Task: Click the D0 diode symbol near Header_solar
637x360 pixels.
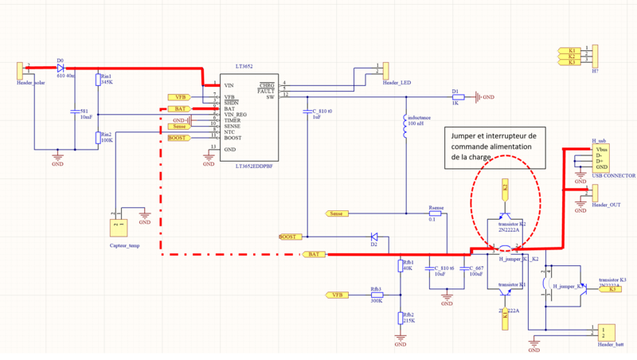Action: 61,68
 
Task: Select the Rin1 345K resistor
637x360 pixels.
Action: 98,80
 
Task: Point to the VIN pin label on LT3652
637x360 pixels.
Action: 229,85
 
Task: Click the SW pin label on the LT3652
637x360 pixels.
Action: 271,96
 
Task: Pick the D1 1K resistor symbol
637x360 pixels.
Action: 457,97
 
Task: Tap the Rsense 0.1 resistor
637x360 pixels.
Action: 435,213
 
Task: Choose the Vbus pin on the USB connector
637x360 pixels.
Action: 600,149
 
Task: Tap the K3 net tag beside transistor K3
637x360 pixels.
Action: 612,289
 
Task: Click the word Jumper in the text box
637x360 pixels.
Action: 467,135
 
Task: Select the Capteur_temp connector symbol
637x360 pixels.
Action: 118,226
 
